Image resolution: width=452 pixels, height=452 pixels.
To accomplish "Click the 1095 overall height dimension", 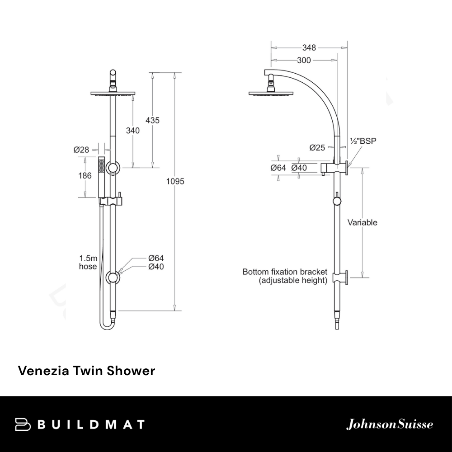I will (176, 181).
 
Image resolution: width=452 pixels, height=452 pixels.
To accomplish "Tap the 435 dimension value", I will (152, 120).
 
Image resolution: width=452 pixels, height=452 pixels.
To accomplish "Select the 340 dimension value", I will (133, 130).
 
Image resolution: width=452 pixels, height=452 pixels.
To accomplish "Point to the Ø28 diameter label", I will (81, 150).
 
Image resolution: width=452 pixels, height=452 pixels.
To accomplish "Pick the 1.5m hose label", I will (88, 262).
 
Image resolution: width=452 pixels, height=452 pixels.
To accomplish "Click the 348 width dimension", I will (309, 47).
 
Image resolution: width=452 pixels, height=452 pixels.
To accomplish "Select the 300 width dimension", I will (304, 61).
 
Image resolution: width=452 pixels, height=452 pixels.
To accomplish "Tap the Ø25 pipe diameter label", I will (317, 147).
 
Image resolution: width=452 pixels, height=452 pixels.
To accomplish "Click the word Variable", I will (362, 222).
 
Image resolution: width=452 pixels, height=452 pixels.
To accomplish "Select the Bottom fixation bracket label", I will (285, 276).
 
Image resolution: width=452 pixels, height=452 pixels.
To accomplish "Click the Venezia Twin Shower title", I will (86, 371).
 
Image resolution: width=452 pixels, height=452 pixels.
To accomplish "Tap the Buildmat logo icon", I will (23, 424).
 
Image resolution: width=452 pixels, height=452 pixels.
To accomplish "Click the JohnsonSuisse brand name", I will (390, 424).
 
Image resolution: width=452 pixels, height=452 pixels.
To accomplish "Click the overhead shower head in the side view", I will (270, 93).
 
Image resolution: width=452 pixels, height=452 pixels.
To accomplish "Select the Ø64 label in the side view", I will (279, 168).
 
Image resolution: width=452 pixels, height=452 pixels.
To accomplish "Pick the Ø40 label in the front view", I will (156, 267).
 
